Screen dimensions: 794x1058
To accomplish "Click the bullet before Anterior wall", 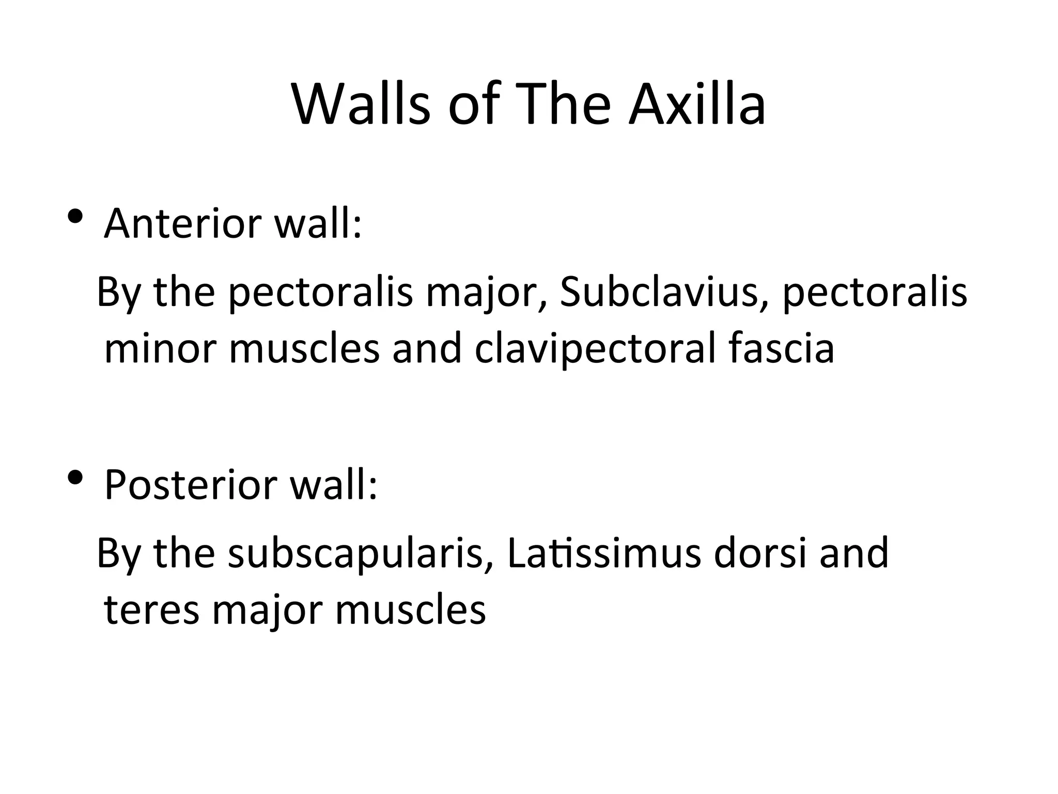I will click(x=75, y=217).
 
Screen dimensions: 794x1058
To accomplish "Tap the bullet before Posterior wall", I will click(x=75, y=478).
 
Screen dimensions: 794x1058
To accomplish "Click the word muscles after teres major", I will click(x=411, y=610).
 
